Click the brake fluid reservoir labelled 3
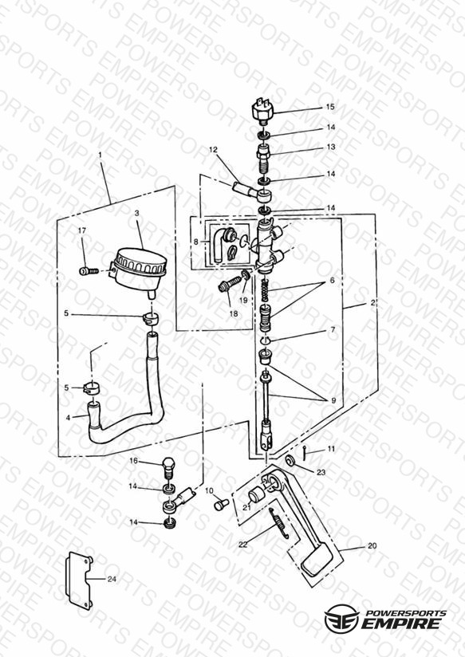(x=139, y=270)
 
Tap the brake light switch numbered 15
(x=262, y=110)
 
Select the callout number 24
(x=112, y=579)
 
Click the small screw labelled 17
(x=89, y=271)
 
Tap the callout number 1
(x=100, y=155)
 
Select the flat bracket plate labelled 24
(x=79, y=580)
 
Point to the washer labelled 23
(x=290, y=461)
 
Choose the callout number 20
(x=372, y=546)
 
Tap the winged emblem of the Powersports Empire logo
(x=341, y=619)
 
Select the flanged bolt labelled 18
(x=229, y=285)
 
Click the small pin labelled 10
(x=221, y=504)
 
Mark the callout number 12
(x=214, y=149)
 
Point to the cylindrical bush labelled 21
(x=256, y=496)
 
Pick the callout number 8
(x=196, y=242)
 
